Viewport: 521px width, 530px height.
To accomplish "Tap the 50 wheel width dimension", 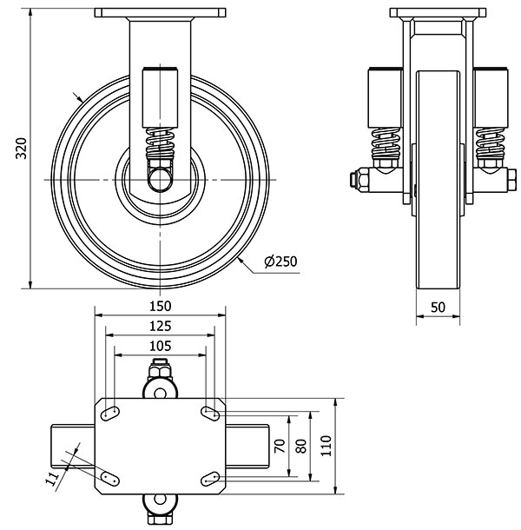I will [438, 307].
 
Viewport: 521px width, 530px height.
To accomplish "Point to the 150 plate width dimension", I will [160, 306].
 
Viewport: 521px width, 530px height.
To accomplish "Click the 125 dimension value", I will [160, 326].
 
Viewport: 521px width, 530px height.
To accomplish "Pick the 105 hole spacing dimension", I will [160, 346].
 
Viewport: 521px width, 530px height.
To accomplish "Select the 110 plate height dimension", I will [325, 445].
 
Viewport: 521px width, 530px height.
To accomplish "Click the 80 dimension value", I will [301, 445].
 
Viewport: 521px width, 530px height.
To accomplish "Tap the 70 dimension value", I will [280, 446].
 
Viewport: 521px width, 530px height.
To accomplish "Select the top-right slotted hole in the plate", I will [210, 411].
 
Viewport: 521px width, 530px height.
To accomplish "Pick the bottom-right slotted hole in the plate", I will [210, 476].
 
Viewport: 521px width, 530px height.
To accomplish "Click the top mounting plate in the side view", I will [160, 14].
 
